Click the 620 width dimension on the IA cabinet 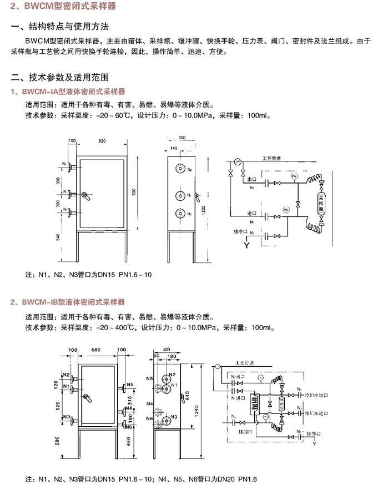tap(102, 142)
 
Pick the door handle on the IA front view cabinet tap(84, 195)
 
